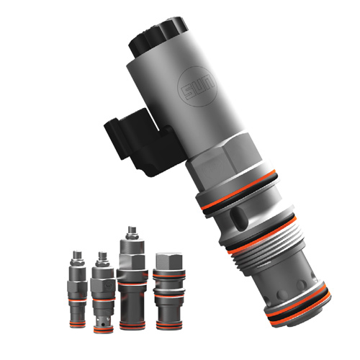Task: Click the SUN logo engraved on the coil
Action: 197,86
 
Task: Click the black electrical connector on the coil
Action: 141,142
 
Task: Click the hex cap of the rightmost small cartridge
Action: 169,261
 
